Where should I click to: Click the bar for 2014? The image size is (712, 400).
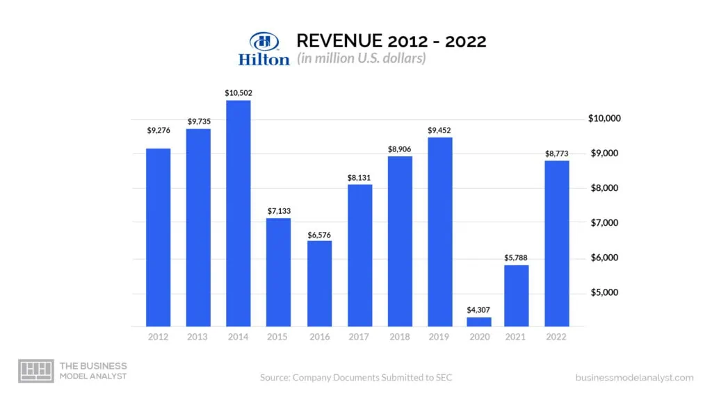(238, 213)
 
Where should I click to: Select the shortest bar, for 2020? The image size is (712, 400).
(480, 322)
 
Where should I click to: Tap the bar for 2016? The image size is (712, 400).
(319, 283)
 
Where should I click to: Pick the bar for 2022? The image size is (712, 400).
(556, 243)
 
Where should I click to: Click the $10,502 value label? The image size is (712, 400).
(238, 92)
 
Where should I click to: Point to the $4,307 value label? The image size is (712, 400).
(480, 310)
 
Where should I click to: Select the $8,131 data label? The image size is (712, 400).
(359, 178)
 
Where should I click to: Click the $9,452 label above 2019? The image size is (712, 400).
(440, 130)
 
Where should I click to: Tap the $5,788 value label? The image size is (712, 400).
(517, 258)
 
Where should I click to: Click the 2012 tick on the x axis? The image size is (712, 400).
(158, 337)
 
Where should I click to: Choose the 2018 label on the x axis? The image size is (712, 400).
(399, 337)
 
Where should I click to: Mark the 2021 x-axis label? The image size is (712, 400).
(517, 337)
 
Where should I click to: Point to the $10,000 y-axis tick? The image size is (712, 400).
(604, 119)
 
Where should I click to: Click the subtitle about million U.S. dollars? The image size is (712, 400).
(361, 58)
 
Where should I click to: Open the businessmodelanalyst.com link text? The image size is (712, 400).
(634, 378)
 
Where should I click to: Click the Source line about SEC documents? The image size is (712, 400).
(356, 378)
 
